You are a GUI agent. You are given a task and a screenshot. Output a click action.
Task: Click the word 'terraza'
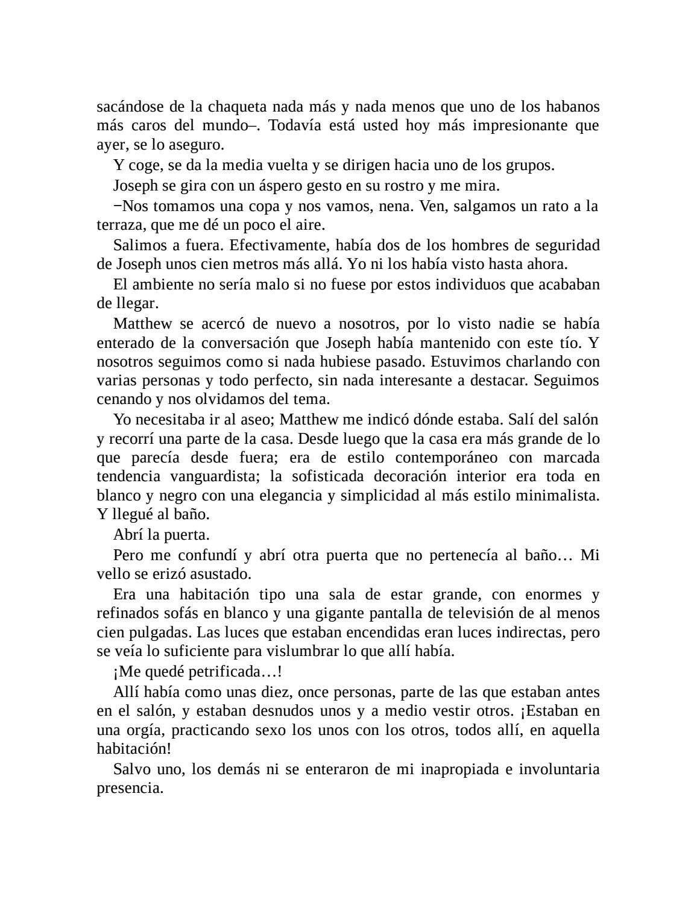[x=118, y=225]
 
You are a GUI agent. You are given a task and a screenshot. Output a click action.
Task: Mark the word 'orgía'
[x=146, y=730]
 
